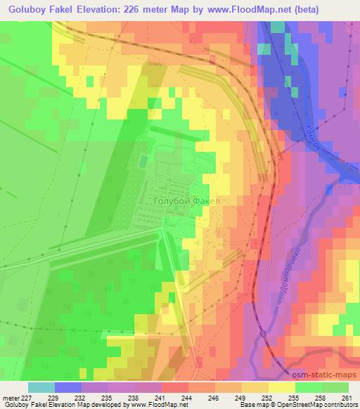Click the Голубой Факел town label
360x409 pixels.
click(186, 202)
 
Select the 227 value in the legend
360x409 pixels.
click(26, 397)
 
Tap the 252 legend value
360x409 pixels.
click(268, 397)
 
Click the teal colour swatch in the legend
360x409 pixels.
click(41, 387)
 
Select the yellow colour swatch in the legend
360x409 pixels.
click(282, 387)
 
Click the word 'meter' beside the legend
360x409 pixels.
click(10, 397)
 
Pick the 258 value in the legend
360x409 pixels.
click(322, 397)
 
